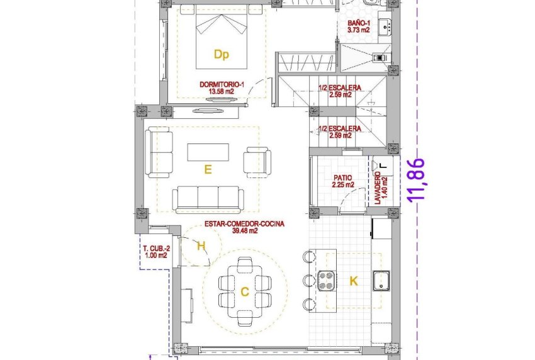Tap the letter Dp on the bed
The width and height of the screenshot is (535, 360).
[220, 55]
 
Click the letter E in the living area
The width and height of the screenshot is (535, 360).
[206, 169]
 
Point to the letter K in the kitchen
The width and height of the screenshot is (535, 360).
[353, 281]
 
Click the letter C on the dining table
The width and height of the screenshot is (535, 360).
[245, 291]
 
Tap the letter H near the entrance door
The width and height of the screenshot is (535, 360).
[201, 246]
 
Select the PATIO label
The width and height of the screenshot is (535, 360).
[343, 181]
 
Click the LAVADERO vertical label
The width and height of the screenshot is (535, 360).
[381, 187]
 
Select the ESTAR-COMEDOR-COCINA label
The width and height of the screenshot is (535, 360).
[244, 227]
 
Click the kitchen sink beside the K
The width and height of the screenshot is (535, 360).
[381, 281]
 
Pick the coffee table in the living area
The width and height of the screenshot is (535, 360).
[208, 152]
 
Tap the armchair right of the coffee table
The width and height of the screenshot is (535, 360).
[257, 161]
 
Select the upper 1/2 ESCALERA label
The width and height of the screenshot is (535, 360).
[339, 92]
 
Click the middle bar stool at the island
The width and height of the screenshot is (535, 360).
[308, 280]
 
